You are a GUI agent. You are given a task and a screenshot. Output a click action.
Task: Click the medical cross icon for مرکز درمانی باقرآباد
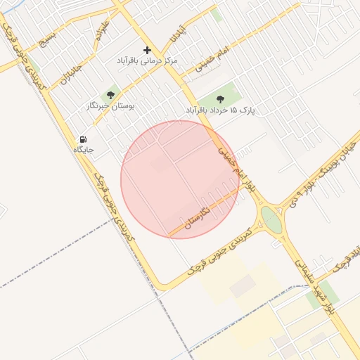click(147, 50)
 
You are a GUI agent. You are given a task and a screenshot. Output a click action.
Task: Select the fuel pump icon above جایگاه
click(84, 139)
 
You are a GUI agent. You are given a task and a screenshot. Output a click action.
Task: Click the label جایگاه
click(84, 150)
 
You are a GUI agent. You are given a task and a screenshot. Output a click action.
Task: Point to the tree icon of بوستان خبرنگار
click(110, 94)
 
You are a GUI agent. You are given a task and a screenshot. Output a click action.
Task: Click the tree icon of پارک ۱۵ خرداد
click(221, 99)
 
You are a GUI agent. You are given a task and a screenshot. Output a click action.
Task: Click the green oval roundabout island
click(271, 219)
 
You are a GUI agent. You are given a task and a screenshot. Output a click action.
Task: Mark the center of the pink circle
click(180, 179)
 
